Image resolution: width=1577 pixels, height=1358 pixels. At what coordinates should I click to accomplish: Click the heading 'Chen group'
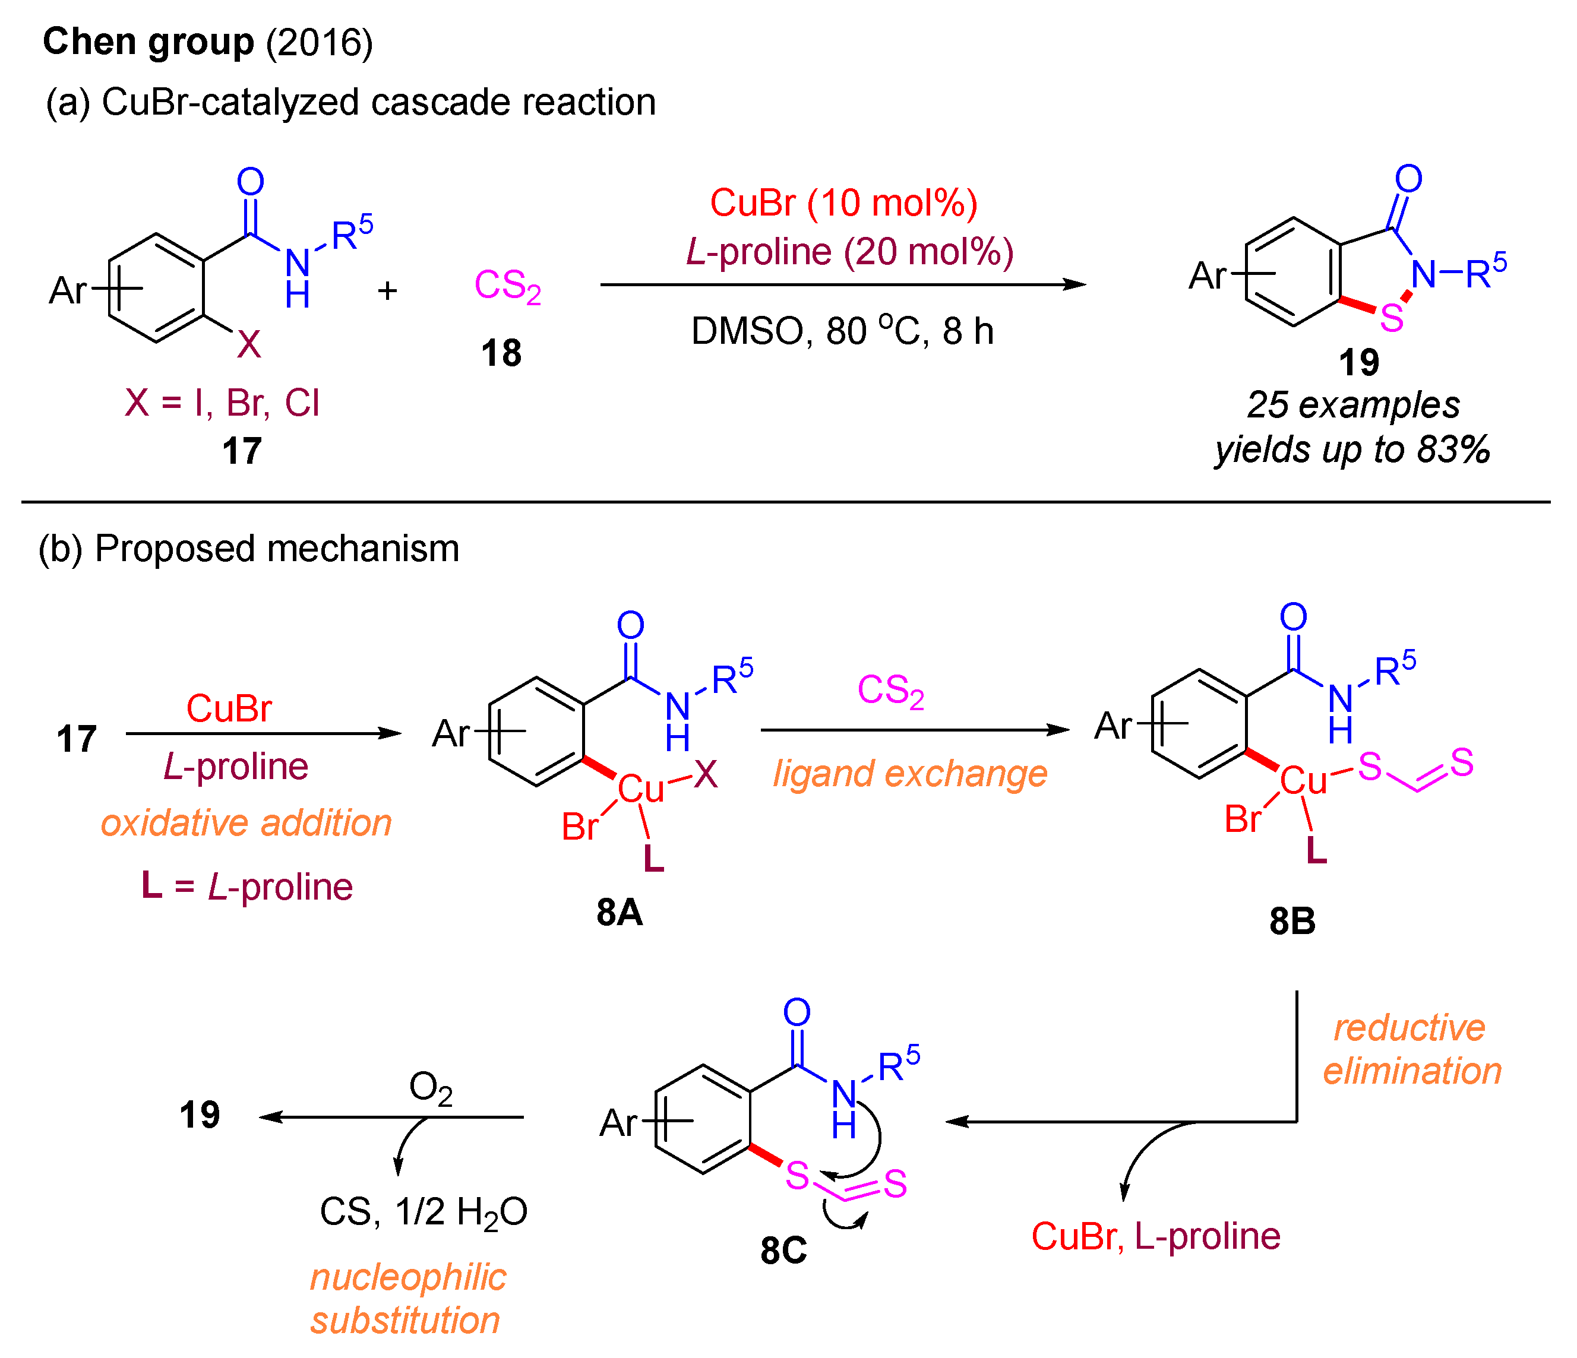coord(148,41)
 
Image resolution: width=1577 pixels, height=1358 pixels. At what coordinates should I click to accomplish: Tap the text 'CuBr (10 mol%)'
coord(843,203)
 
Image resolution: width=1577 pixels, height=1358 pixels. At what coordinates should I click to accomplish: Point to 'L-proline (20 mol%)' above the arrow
coord(849,252)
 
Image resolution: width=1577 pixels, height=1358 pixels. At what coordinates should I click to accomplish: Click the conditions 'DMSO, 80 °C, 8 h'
coord(842,331)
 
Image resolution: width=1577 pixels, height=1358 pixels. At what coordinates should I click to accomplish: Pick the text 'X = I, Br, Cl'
coord(222,403)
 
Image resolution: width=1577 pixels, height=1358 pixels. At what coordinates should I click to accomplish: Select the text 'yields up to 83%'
coord(1352,449)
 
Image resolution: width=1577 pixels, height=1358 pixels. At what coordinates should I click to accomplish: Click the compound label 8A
coord(619,912)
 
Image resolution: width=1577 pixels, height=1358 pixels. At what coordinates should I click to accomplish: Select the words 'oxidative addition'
coord(246,823)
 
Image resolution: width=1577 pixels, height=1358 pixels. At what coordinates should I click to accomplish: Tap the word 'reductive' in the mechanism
coord(1409,1028)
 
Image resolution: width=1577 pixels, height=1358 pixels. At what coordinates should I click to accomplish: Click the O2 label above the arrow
coord(430,1087)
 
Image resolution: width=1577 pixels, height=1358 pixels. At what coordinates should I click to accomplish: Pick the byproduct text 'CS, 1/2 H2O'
coord(423,1212)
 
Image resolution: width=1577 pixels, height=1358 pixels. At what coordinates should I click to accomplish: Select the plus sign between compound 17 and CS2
coord(387,290)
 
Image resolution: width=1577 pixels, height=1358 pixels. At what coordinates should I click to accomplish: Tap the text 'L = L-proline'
coord(246,887)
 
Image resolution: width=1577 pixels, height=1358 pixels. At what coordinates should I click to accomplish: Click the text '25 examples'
coord(1353,405)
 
